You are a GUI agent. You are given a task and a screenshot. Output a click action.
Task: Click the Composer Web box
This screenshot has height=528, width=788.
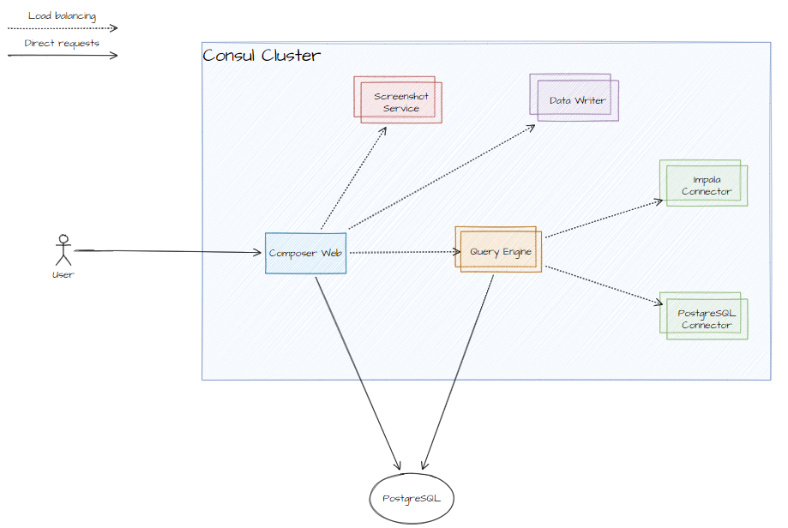tap(305, 253)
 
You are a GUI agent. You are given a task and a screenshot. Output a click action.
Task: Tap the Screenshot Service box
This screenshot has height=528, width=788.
tap(399, 101)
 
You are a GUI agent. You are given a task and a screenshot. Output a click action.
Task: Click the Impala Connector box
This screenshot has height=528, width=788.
tap(704, 183)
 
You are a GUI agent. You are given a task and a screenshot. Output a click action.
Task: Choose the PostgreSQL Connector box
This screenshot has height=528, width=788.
tap(704, 318)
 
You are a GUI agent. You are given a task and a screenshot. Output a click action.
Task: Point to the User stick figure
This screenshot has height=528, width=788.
tap(62, 249)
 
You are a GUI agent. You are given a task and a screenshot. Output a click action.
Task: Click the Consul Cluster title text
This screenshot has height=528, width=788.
tap(262, 56)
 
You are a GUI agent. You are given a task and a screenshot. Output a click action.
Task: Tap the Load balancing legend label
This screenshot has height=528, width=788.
tap(62, 15)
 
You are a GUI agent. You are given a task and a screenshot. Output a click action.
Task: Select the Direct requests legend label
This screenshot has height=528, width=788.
tap(62, 43)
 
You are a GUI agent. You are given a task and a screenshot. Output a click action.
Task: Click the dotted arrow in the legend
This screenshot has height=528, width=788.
tap(62, 28)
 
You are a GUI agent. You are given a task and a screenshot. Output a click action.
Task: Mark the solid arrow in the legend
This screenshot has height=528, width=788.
tap(62, 56)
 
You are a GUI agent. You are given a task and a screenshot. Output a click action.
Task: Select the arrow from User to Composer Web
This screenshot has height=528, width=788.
tap(167, 251)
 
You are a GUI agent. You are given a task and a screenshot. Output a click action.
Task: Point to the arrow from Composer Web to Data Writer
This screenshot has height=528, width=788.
tap(441, 177)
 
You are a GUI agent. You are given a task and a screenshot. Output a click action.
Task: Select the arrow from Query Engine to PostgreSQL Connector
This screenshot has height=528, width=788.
tap(604, 284)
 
